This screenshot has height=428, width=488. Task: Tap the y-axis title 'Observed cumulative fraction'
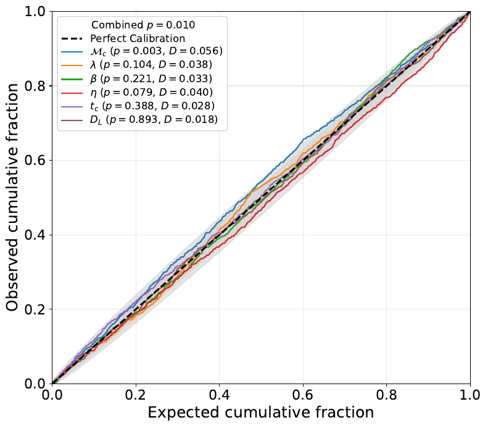point(13,198)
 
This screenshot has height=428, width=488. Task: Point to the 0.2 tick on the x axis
point(136,394)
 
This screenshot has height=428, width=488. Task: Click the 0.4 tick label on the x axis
point(220,394)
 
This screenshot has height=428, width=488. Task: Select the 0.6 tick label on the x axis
point(303,394)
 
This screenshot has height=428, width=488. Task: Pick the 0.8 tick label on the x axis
point(387,394)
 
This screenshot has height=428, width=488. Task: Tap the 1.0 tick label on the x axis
point(470,394)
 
